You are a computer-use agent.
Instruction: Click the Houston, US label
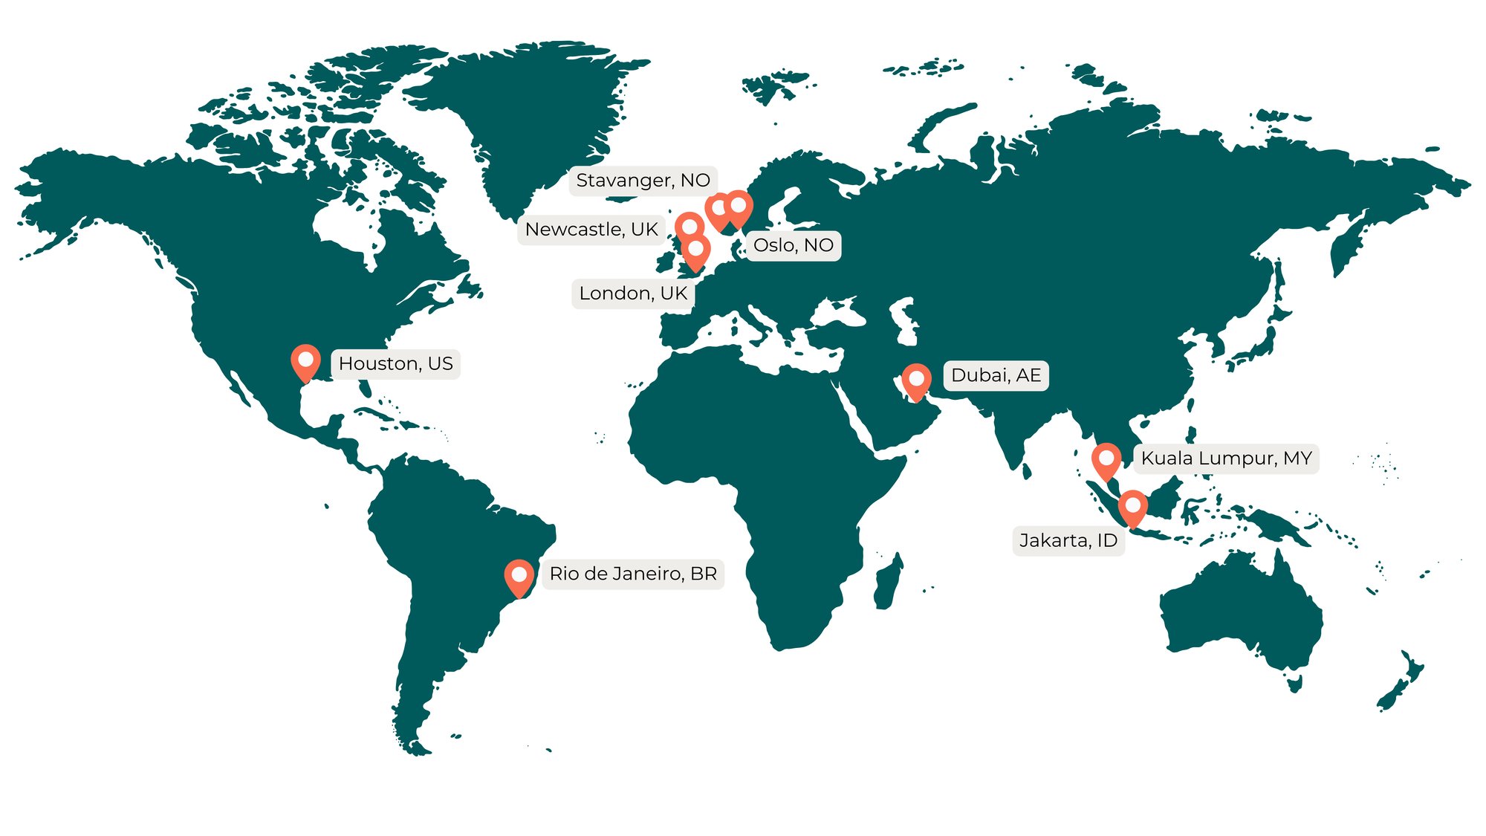pos(395,363)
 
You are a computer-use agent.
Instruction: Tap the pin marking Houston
pos(305,361)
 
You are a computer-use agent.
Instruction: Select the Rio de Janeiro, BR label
pos(633,574)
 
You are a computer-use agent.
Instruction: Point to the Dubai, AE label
pos(996,375)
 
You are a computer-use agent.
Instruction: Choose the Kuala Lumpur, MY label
pos(1226,458)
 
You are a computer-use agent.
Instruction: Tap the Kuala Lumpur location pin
pos(1106,460)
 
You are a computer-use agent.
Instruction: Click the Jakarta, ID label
pos(1068,540)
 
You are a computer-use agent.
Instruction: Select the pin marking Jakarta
pos(1132,507)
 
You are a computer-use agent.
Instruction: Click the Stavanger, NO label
pos(643,181)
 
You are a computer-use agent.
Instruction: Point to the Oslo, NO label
pos(793,245)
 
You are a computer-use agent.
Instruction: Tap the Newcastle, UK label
pos(591,230)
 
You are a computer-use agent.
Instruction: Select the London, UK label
pos(633,294)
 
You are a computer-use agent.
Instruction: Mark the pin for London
pos(696,251)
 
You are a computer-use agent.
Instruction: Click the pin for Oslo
pos(739,207)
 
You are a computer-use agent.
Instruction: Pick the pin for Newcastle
pos(690,226)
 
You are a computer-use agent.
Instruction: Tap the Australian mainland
pos(1241,617)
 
